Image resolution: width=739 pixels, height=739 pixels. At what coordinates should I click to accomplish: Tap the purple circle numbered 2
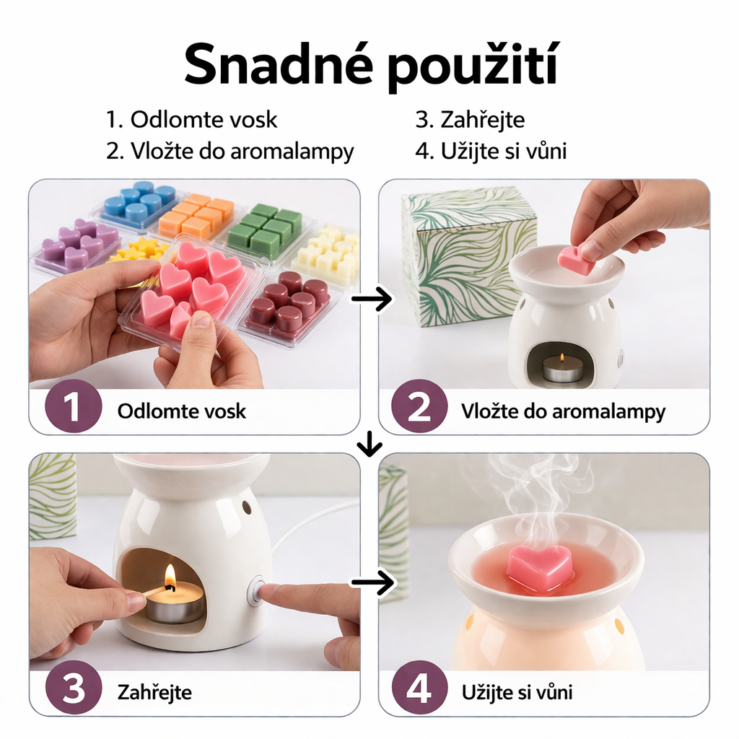click(x=419, y=409)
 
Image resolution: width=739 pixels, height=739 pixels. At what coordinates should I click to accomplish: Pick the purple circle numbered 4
click(x=419, y=691)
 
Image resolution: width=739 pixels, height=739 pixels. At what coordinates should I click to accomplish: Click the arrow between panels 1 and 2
click(x=370, y=297)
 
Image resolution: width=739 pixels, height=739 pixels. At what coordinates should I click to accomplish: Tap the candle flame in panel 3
click(x=170, y=577)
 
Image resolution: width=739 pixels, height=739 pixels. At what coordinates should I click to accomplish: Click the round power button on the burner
click(x=255, y=591)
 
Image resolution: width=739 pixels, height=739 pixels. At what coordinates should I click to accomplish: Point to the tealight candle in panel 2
click(x=563, y=369)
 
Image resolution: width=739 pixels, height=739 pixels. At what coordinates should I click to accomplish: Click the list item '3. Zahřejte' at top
click(x=469, y=119)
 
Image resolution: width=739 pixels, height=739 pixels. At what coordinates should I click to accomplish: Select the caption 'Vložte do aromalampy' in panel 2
click(x=563, y=411)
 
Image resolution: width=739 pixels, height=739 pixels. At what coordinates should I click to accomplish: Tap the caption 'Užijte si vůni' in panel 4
click(x=517, y=692)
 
